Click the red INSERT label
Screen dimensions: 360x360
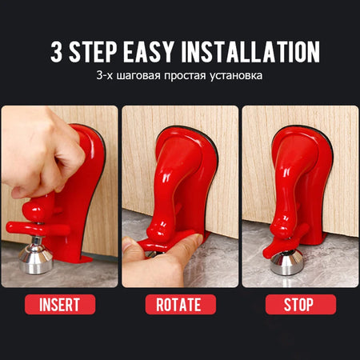(60, 304)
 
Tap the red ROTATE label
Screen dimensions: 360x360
(181, 304)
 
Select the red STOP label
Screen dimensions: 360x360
(301, 304)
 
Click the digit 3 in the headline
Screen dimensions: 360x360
(57, 51)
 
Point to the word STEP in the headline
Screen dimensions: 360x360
(93, 51)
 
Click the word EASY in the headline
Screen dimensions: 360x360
(149, 51)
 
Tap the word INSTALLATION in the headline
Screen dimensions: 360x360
(250, 51)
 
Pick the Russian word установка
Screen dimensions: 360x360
(236, 76)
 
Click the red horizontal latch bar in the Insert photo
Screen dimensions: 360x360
(38, 230)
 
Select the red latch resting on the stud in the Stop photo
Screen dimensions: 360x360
(286, 242)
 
